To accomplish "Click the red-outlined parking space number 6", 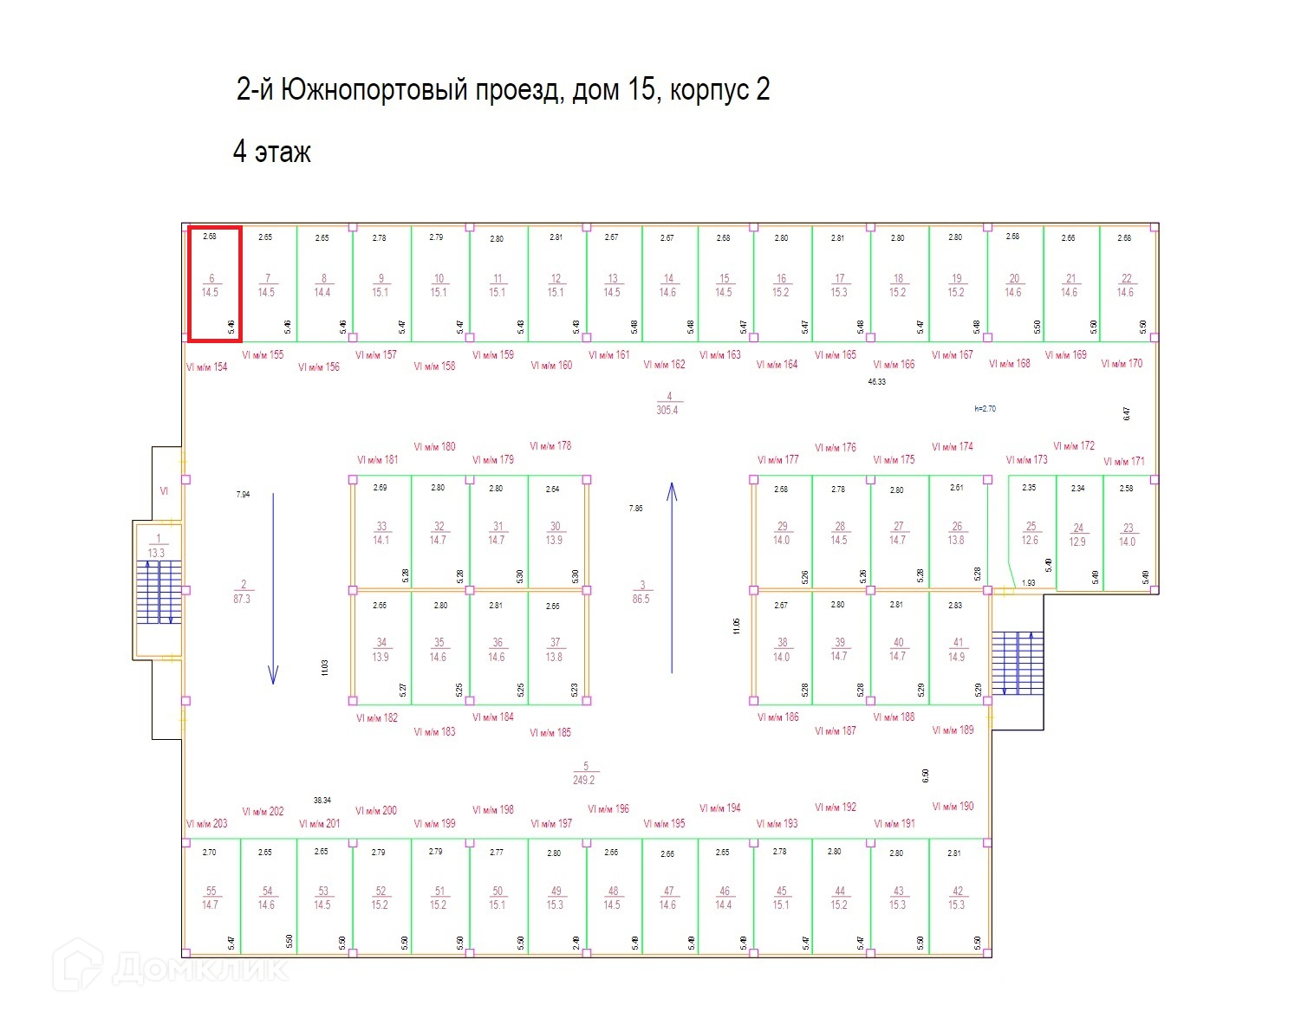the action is pyautogui.click(x=214, y=284).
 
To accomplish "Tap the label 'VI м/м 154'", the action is pyautogui.click(x=206, y=367).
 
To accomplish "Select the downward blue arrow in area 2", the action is pyautogui.click(x=273, y=589).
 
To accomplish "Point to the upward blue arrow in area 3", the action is pyautogui.click(x=671, y=578).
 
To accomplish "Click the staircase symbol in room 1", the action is pyautogui.click(x=159, y=593).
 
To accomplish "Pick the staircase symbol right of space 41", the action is pyautogui.click(x=1018, y=663).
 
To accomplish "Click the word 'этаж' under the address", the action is pyautogui.click(x=283, y=153).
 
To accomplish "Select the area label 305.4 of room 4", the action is pyautogui.click(x=667, y=410).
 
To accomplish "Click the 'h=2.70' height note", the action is pyautogui.click(x=985, y=408).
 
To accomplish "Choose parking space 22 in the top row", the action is pyautogui.click(x=1126, y=285).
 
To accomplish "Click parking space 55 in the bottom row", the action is pyautogui.click(x=211, y=898).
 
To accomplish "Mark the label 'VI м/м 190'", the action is pyautogui.click(x=953, y=807).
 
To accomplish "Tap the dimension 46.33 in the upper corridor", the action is pyautogui.click(x=877, y=381).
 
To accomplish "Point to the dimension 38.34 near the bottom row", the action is pyautogui.click(x=322, y=801).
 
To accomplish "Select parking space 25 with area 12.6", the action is pyautogui.click(x=1031, y=533).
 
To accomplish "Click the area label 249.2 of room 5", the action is pyautogui.click(x=584, y=780).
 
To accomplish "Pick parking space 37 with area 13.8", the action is pyautogui.click(x=555, y=650).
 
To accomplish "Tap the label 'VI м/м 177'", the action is pyautogui.click(x=777, y=460).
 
